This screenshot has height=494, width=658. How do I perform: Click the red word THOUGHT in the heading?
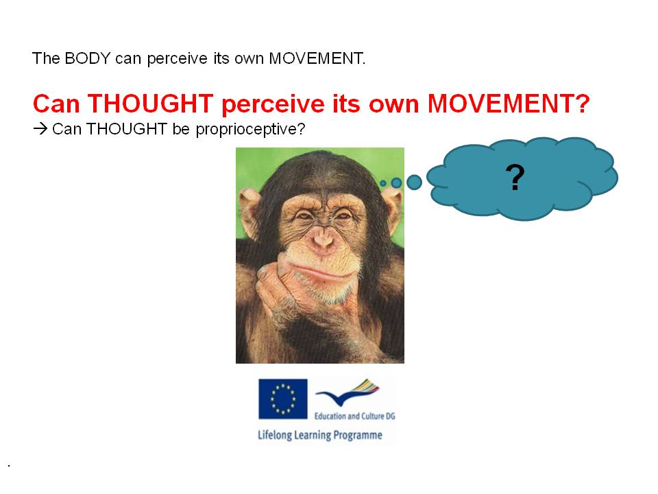(150, 104)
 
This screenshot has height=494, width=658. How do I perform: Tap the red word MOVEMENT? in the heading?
(509, 104)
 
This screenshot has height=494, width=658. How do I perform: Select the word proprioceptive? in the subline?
(250, 130)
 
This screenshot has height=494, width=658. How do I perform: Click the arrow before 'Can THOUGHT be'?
(40, 128)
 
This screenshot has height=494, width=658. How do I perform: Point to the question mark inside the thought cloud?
(515, 177)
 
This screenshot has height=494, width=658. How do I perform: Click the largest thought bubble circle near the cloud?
(414, 183)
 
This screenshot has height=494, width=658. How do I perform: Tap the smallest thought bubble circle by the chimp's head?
(382, 183)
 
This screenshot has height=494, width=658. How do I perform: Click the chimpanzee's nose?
(322, 240)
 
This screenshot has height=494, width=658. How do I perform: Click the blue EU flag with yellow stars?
(283, 399)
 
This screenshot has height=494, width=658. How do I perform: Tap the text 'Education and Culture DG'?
(354, 416)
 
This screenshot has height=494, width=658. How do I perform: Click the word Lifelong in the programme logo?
(275, 435)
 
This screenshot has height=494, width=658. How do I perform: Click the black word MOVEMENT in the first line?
(316, 58)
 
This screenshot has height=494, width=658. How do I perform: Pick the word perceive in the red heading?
(273, 104)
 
